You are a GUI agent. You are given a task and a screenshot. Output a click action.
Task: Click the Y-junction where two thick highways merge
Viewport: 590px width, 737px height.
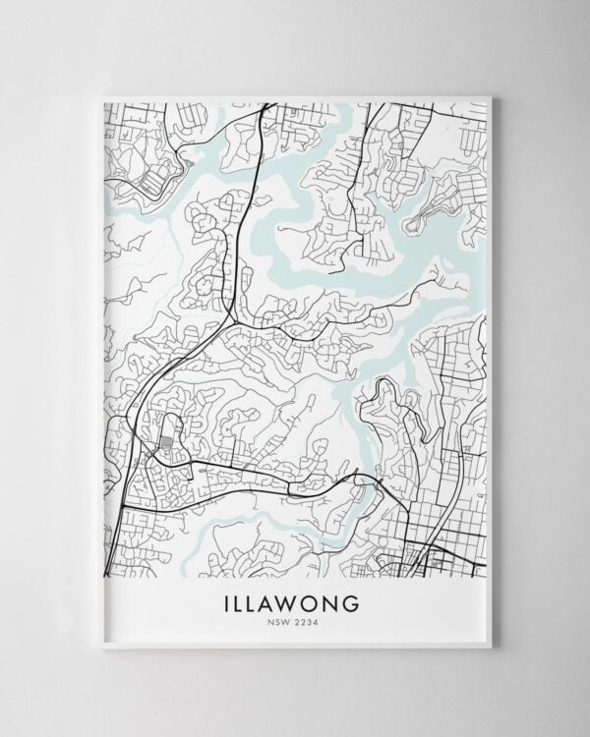(230, 319)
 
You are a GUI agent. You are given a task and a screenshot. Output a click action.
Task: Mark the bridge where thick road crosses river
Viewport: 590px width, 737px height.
(367, 479)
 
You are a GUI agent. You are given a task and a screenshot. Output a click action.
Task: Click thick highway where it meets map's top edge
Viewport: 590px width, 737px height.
(264, 103)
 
